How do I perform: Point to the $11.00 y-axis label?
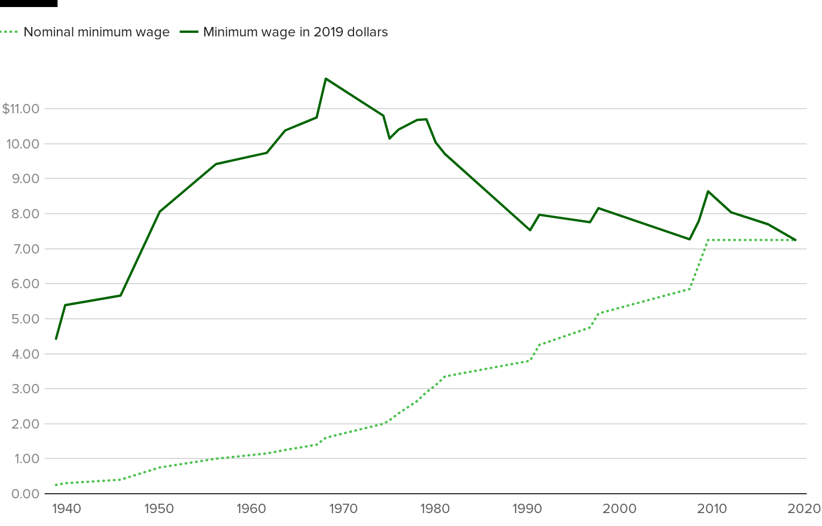point(21,109)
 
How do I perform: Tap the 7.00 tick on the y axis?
point(25,249)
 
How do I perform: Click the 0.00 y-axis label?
point(25,494)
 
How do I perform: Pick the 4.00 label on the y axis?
point(25,354)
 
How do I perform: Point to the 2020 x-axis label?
point(807,508)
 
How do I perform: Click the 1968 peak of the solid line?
point(326,79)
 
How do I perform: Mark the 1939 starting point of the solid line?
point(56,339)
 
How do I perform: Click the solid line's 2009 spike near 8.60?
point(708,191)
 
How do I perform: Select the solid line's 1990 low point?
point(530,230)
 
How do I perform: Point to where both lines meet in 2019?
point(795,240)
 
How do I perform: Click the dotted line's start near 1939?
point(56,485)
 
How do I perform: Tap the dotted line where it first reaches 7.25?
point(708,240)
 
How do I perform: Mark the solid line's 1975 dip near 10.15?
point(389,139)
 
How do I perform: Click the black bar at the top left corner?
point(29,3)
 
